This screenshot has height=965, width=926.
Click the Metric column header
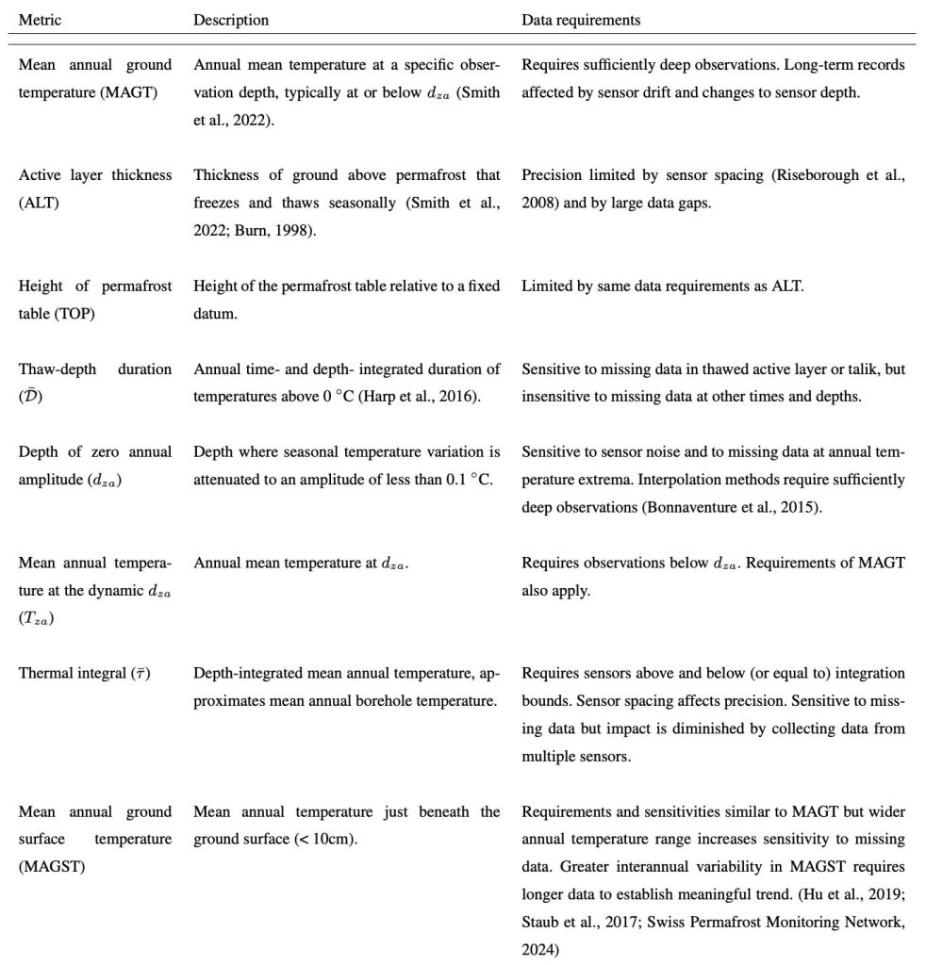[x=38, y=20]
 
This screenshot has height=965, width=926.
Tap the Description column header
[x=231, y=20]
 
